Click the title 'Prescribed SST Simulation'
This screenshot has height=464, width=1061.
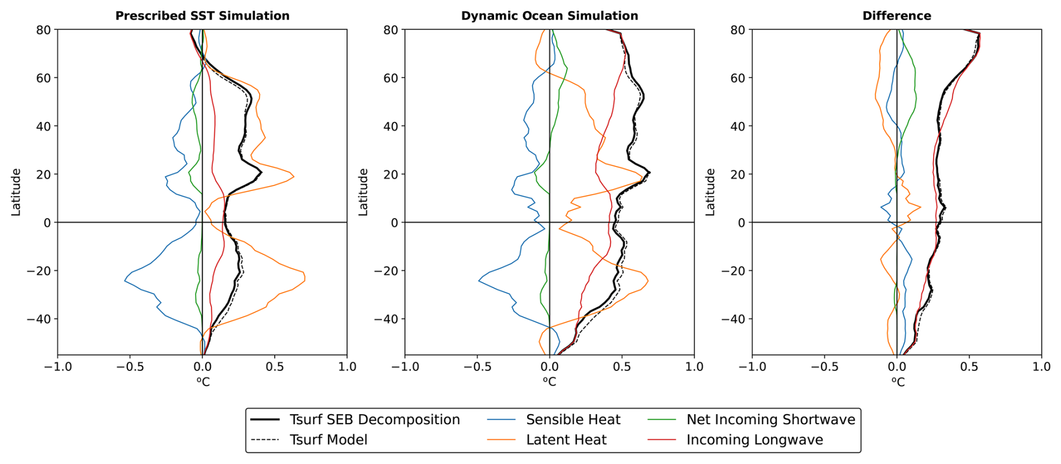click(x=202, y=16)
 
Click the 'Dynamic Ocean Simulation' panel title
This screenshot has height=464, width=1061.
click(x=550, y=16)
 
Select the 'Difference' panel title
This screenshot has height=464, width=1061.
click(x=897, y=16)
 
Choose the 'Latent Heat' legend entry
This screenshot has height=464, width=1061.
click(x=566, y=440)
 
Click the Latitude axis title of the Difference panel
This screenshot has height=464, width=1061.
click(x=711, y=192)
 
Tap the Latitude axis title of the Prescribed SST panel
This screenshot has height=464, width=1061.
click(x=16, y=192)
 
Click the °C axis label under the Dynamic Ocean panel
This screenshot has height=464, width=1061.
click(x=550, y=382)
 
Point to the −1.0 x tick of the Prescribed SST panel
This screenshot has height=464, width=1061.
click(x=58, y=366)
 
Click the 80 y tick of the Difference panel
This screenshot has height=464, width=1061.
click(x=738, y=30)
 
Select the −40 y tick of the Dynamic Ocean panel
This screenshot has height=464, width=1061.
click(x=386, y=319)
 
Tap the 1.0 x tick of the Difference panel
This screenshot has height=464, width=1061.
click(x=1041, y=366)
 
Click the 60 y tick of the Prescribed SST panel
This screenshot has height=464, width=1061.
click(x=44, y=78)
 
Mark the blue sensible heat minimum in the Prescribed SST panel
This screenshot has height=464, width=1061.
click(x=124, y=280)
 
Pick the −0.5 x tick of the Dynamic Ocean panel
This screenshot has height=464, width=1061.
click(x=477, y=366)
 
